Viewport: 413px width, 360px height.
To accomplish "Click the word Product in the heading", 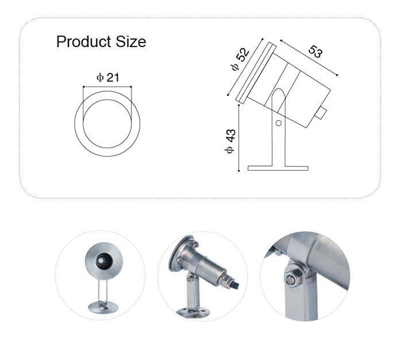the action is point(83,42).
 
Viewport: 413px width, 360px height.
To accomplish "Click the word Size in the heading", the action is point(131,42).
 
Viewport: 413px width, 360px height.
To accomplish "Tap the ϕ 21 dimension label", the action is point(108,78).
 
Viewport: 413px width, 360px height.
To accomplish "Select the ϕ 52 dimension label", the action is point(240,59).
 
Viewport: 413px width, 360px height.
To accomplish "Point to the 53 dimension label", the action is point(315,51).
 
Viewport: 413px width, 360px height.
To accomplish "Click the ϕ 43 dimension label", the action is point(230,141).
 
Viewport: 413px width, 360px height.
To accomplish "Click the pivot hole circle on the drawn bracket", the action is point(279,123).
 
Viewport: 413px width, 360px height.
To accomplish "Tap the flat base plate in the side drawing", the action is point(278,168).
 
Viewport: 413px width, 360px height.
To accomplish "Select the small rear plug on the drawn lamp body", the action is point(321,113).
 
